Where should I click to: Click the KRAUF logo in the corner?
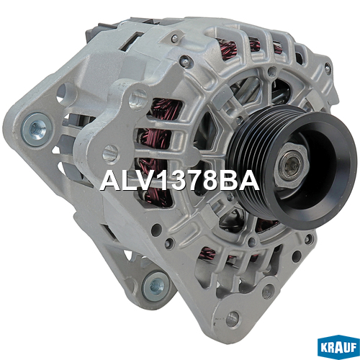(x=338, y=348)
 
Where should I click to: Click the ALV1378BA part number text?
(x=179, y=181)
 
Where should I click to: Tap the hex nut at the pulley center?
(x=291, y=166)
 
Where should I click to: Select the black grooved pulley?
(x=292, y=167)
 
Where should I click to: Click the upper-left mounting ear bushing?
(x=37, y=130)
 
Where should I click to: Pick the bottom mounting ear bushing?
(x=157, y=286)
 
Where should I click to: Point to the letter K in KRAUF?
(x=325, y=348)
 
